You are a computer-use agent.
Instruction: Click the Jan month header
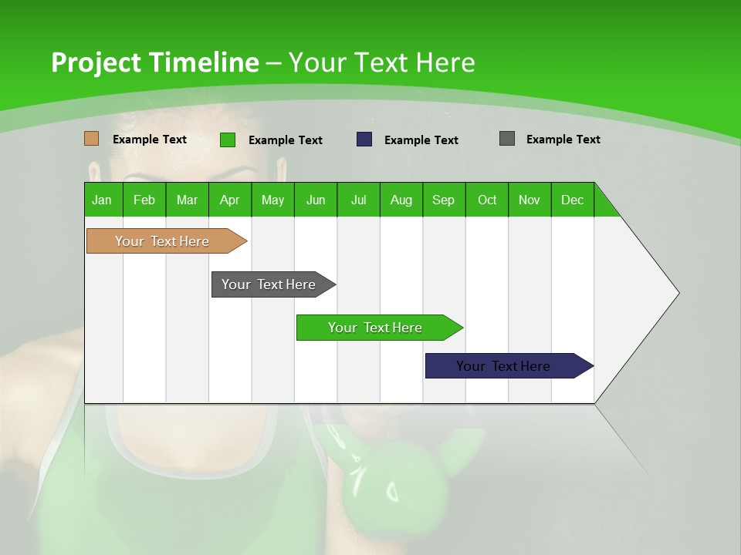point(103,200)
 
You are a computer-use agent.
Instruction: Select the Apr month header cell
point(230,200)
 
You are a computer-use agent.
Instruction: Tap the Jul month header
point(358,200)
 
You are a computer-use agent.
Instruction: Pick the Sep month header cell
point(444,200)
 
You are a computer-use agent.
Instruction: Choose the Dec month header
point(572,200)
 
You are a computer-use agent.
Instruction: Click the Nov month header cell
point(530,200)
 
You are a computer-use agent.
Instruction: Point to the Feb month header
point(144,200)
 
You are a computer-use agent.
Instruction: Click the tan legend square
point(91,139)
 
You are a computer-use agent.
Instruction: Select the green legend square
point(228,140)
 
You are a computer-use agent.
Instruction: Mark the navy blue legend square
point(364,140)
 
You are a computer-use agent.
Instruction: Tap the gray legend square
point(507,139)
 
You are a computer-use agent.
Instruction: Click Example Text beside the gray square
point(563,140)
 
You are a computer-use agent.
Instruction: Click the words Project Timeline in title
point(154,62)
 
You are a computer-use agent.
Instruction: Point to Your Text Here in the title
point(381,62)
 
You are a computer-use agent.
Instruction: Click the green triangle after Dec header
point(604,205)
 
